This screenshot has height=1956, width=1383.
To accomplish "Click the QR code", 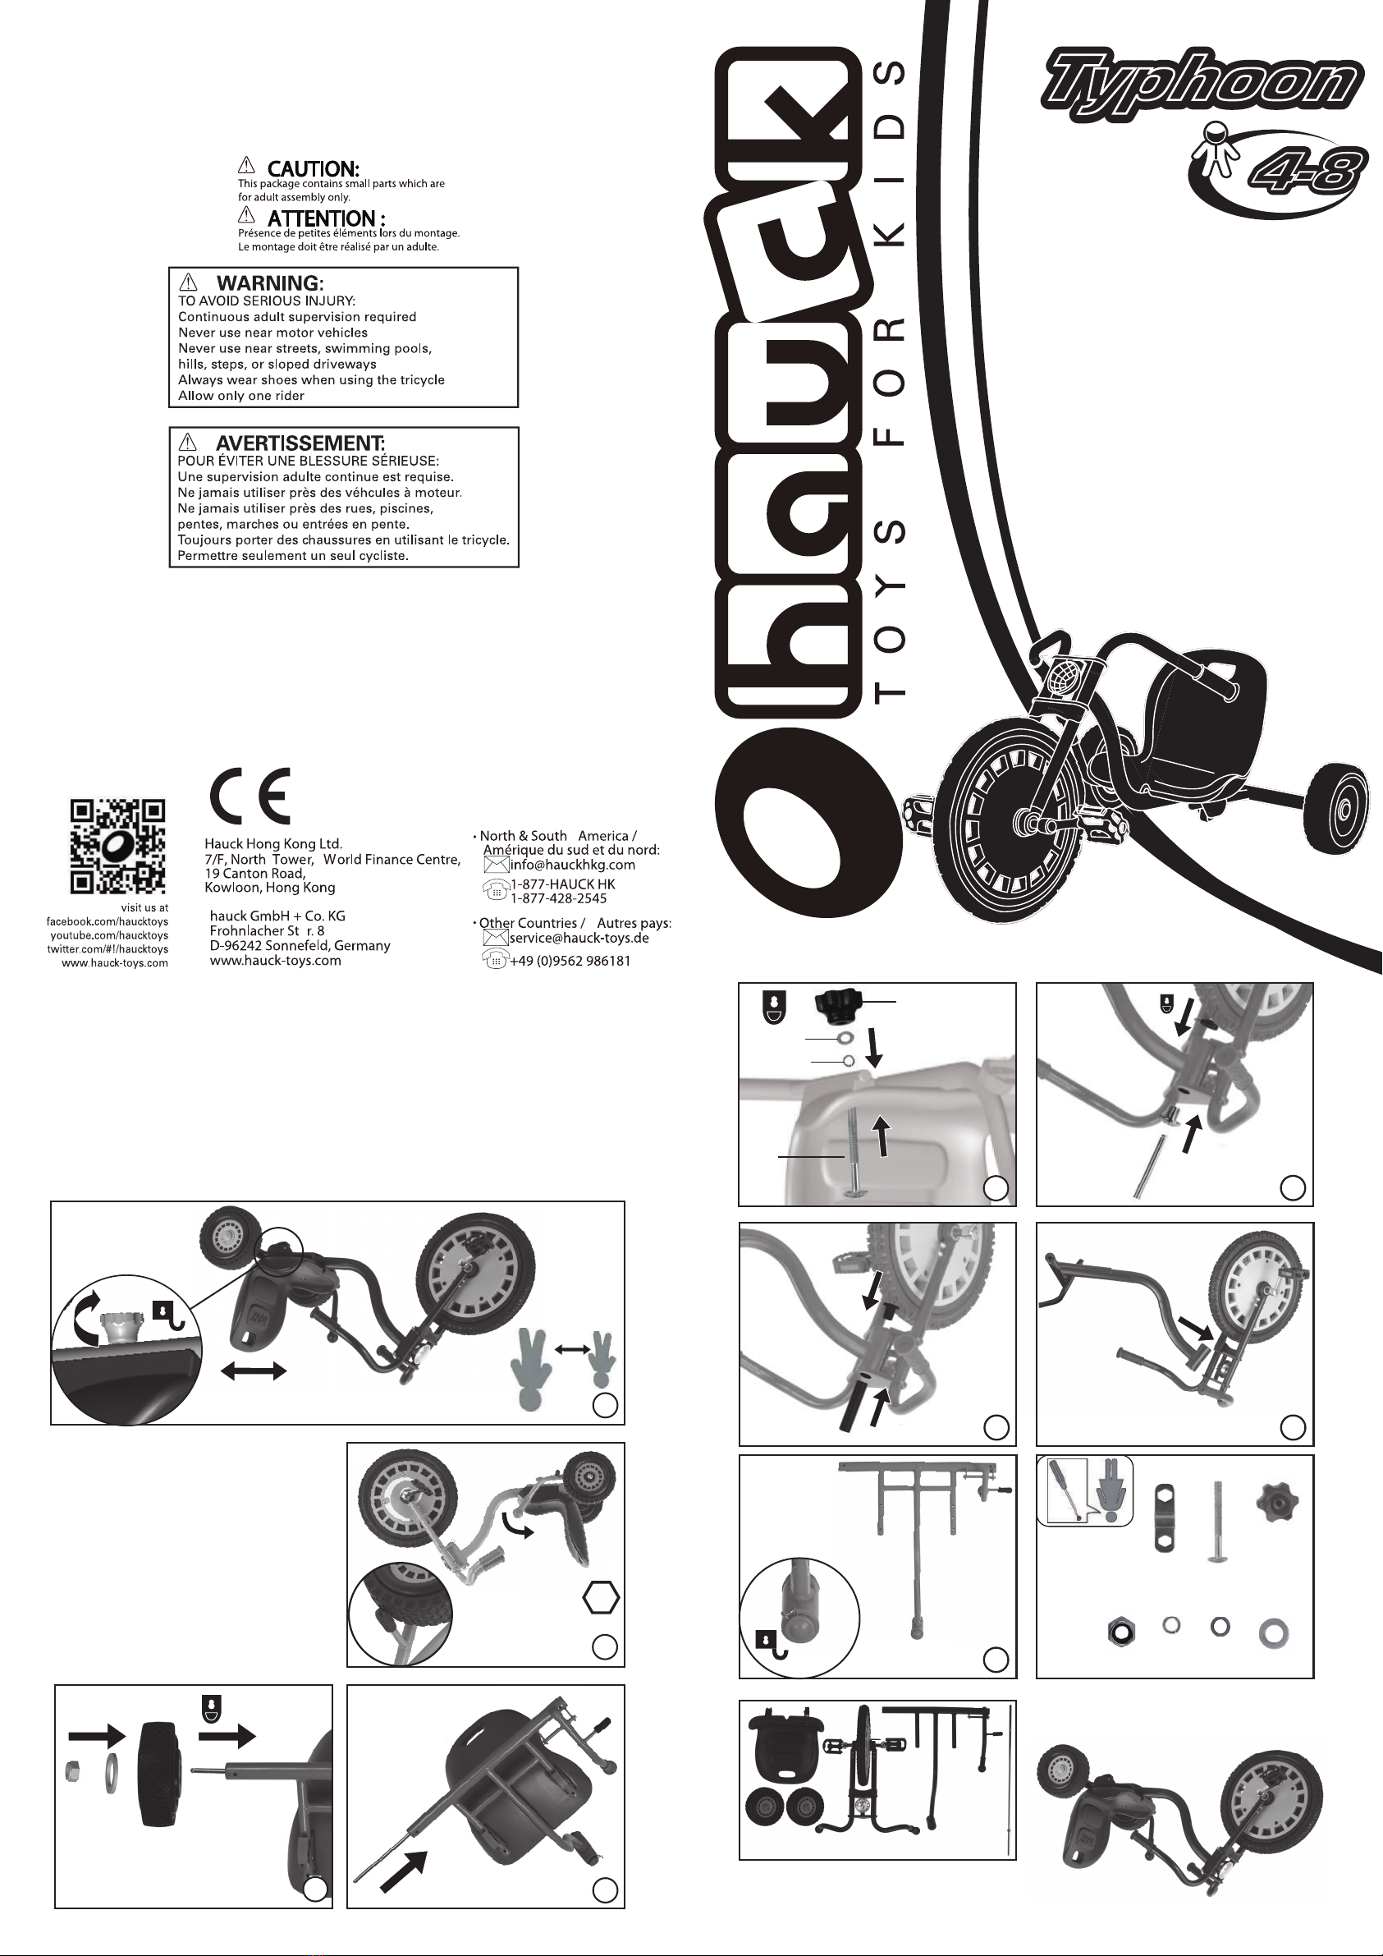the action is [117, 846].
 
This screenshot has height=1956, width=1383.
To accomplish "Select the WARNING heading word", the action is [269, 283].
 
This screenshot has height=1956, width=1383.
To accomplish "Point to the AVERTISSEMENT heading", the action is [300, 443].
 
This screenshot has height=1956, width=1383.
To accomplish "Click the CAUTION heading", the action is [313, 169].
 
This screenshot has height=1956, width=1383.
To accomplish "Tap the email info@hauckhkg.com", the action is [572, 865].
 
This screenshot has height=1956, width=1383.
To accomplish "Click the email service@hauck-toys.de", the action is [579, 938].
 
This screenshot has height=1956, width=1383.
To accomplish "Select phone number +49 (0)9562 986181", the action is [570, 961].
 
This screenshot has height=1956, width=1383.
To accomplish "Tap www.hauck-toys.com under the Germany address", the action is [275, 960].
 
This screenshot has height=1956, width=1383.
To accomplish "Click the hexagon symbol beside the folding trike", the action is [602, 1598].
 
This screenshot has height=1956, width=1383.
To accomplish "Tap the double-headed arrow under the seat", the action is [253, 1370].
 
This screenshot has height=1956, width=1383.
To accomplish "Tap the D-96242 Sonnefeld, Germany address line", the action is [300, 946].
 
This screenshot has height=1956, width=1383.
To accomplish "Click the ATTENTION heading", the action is [326, 218].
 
